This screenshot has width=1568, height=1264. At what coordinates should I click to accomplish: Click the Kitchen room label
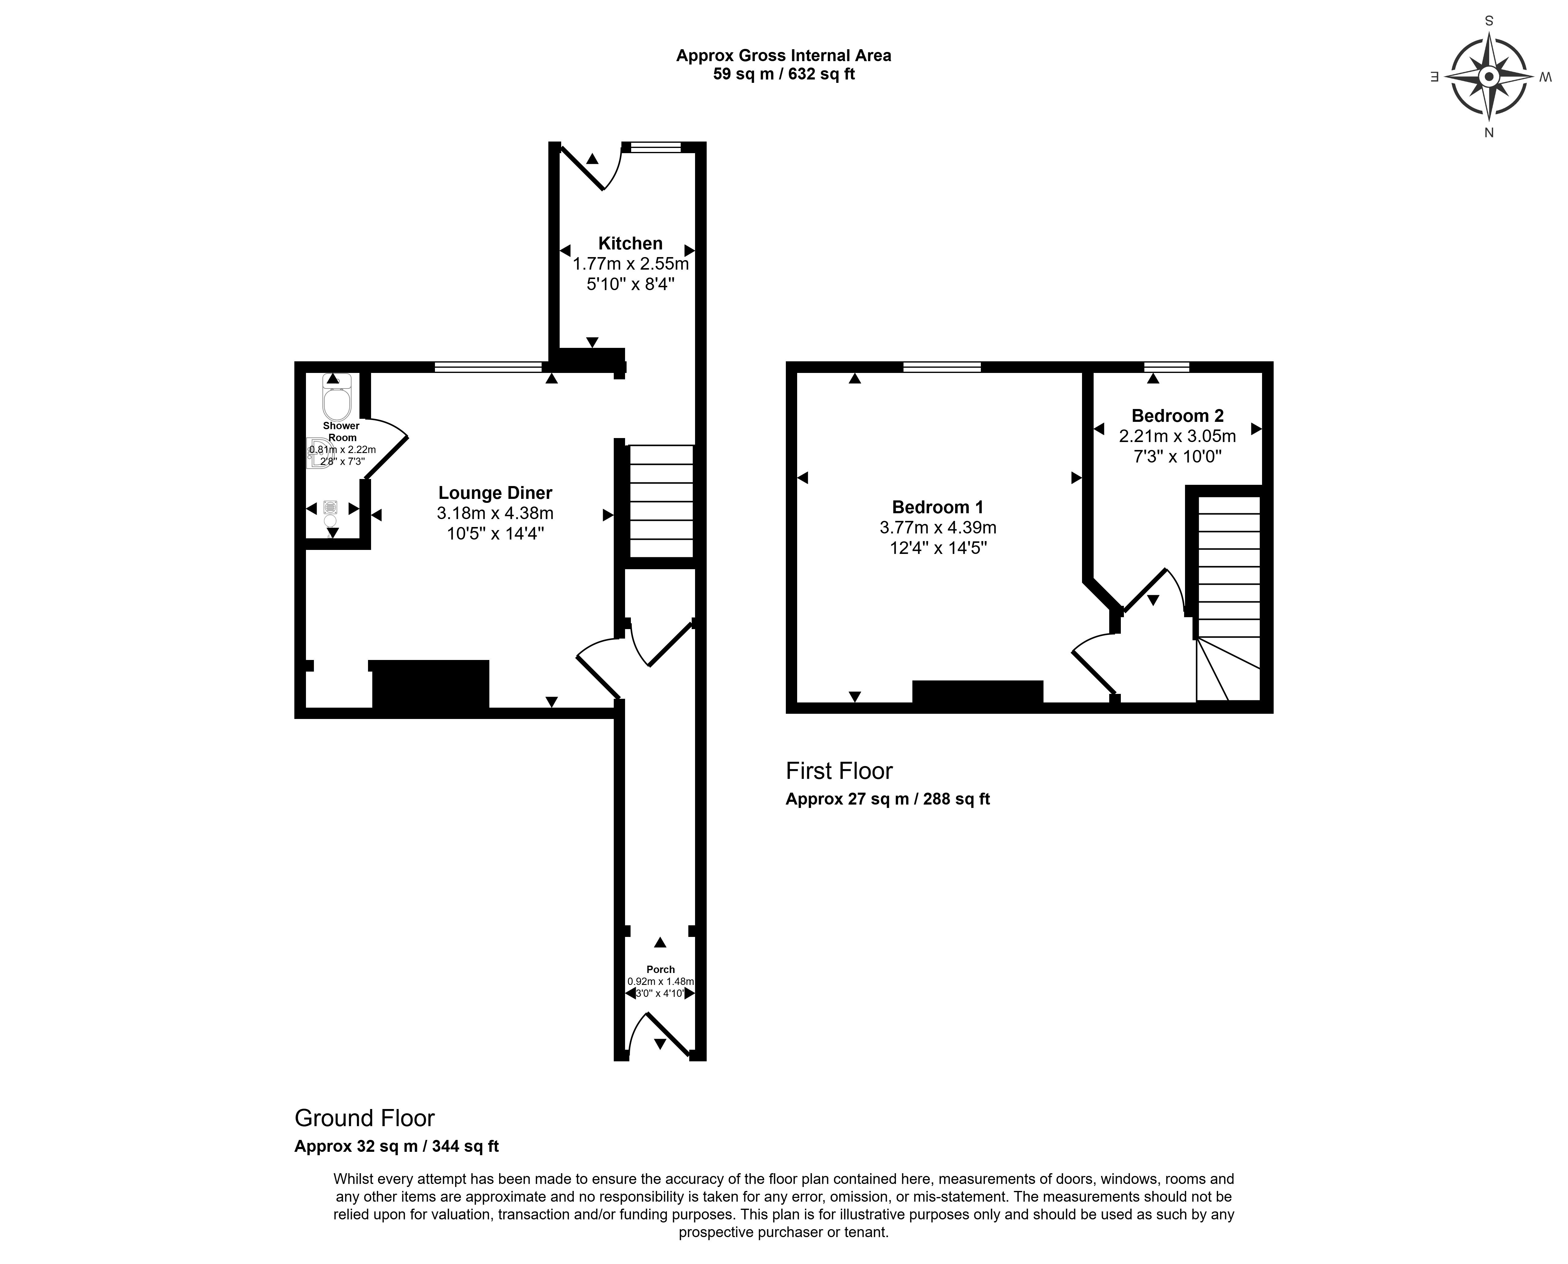tap(630, 243)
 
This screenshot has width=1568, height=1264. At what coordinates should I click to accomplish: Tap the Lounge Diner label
tap(495, 493)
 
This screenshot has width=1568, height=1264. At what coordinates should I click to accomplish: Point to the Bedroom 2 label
tap(1177, 416)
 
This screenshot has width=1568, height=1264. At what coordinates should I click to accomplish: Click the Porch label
tap(660, 969)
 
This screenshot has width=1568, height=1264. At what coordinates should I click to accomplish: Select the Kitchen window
tap(656, 147)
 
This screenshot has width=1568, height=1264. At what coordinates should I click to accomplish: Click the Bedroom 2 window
tap(1167, 367)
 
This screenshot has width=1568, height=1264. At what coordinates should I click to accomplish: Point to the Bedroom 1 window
tap(942, 367)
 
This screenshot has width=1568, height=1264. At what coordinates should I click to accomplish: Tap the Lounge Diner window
tap(488, 367)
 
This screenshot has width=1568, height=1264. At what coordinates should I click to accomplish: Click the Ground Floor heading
tap(365, 1118)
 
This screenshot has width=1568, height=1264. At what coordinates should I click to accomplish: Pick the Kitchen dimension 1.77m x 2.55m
tap(630, 263)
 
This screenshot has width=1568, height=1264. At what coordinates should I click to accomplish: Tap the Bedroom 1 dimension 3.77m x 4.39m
tap(938, 527)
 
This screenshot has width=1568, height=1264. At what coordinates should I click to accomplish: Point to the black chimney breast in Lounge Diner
tap(429, 684)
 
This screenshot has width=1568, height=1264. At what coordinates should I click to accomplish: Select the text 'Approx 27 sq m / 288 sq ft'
tap(887, 799)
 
